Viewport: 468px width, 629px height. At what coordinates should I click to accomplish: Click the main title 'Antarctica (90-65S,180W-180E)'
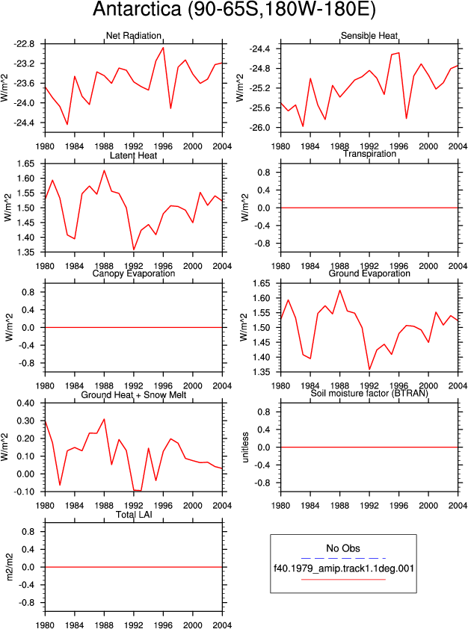234,9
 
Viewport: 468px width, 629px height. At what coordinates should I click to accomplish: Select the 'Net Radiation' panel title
134,35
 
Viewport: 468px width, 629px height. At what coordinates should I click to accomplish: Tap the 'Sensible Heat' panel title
369,35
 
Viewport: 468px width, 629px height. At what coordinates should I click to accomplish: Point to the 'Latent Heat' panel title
134,155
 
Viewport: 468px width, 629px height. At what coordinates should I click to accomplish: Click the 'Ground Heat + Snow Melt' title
134,394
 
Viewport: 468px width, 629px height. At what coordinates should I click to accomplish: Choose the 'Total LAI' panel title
134,514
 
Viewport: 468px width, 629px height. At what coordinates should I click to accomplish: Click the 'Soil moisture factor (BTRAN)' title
369,393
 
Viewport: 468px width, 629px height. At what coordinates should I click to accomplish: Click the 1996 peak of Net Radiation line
163,47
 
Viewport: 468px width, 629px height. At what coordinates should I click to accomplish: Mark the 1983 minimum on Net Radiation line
67,124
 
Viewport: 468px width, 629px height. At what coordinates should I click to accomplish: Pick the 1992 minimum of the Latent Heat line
134,250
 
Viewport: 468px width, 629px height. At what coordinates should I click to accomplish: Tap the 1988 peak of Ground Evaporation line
340,290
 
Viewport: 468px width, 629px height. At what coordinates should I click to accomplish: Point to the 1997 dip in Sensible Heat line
406,118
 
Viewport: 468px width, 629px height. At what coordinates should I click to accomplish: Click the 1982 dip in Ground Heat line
60,485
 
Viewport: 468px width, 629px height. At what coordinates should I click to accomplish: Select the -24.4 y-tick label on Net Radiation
24,123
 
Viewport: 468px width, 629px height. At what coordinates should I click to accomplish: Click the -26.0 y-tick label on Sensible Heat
260,128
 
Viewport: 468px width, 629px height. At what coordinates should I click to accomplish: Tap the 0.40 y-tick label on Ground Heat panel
25,403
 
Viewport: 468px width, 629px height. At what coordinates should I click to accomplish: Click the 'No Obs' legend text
343,548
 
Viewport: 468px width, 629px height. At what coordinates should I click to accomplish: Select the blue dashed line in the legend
343,558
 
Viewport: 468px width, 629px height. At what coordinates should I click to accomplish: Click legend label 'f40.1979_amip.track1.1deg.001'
344,568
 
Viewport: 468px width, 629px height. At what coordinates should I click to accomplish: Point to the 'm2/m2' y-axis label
10,567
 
